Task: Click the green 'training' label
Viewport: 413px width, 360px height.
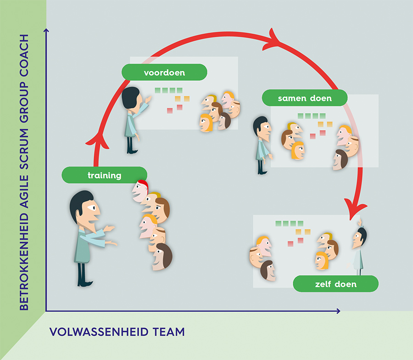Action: pyautogui.click(x=104, y=175)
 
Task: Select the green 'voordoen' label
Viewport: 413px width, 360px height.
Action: pyautogui.click(x=164, y=73)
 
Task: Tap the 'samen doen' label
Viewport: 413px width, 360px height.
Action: pyautogui.click(x=304, y=98)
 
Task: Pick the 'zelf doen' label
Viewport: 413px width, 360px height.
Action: pyautogui.click(x=335, y=284)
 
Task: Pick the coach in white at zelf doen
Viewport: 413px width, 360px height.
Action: pyautogui.click(x=358, y=248)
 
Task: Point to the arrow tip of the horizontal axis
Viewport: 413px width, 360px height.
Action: pyautogui.click(x=339, y=311)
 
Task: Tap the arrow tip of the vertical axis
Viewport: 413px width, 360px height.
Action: pyautogui.click(x=46, y=30)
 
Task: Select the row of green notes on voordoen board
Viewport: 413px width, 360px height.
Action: pyautogui.click(x=168, y=90)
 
